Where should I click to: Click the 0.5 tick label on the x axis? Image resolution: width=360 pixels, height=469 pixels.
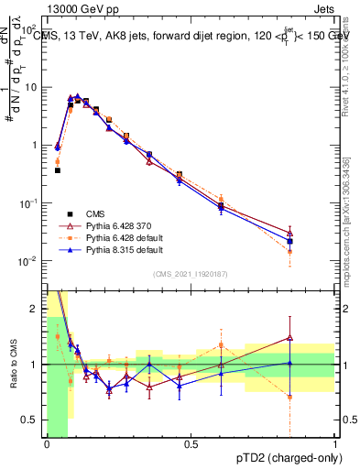(x=191, y=444)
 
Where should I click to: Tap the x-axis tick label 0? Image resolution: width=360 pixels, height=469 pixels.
(x=47, y=444)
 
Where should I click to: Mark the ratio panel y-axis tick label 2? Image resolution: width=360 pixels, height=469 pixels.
(x=37, y=309)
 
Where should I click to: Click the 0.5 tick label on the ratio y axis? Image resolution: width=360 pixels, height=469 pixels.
(x=33, y=420)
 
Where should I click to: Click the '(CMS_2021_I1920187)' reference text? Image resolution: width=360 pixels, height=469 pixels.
(x=191, y=273)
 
